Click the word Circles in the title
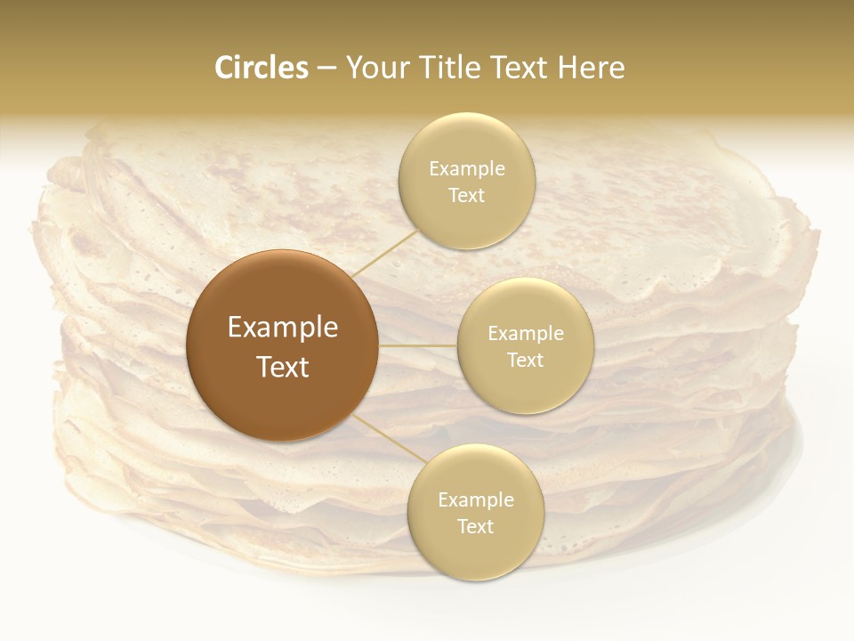[x=261, y=68]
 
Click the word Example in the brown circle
[x=283, y=328]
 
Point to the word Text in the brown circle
[x=283, y=367]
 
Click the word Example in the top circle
[x=467, y=169]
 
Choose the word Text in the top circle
[x=466, y=196]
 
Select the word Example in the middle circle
[x=526, y=334]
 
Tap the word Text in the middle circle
[x=525, y=361]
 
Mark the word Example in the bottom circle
[x=476, y=500]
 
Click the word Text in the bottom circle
[x=475, y=527]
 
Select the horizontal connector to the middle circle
[x=417, y=345]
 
